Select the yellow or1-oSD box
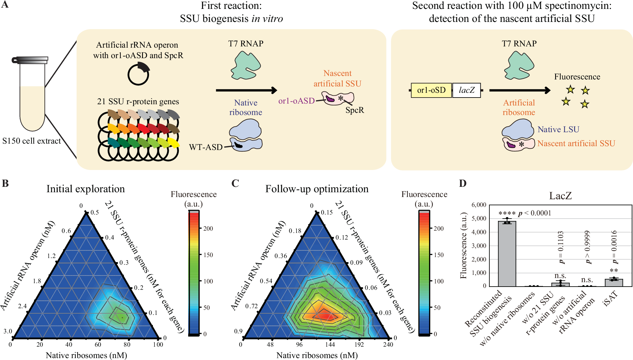pyautogui.click(x=431, y=90)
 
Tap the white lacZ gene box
pyautogui.click(x=466, y=90)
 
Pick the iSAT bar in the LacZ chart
pyautogui.click(x=614, y=282)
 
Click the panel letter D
pyautogui.click(x=463, y=184)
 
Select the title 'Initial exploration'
pyautogui.click(x=85, y=189)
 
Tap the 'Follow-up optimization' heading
pyautogui.click(x=317, y=189)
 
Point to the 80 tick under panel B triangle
pyautogui.click(x=127, y=344)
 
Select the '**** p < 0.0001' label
pyautogui.click(x=525, y=213)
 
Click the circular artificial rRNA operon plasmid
pyautogui.click(x=138, y=74)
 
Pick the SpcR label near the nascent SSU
pyautogui.click(x=355, y=110)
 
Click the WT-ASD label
pyautogui.click(x=206, y=147)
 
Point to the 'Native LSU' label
pyautogui.click(x=558, y=129)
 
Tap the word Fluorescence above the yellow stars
pyautogui.click(x=577, y=77)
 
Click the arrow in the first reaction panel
pyautogui.click(x=246, y=90)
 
